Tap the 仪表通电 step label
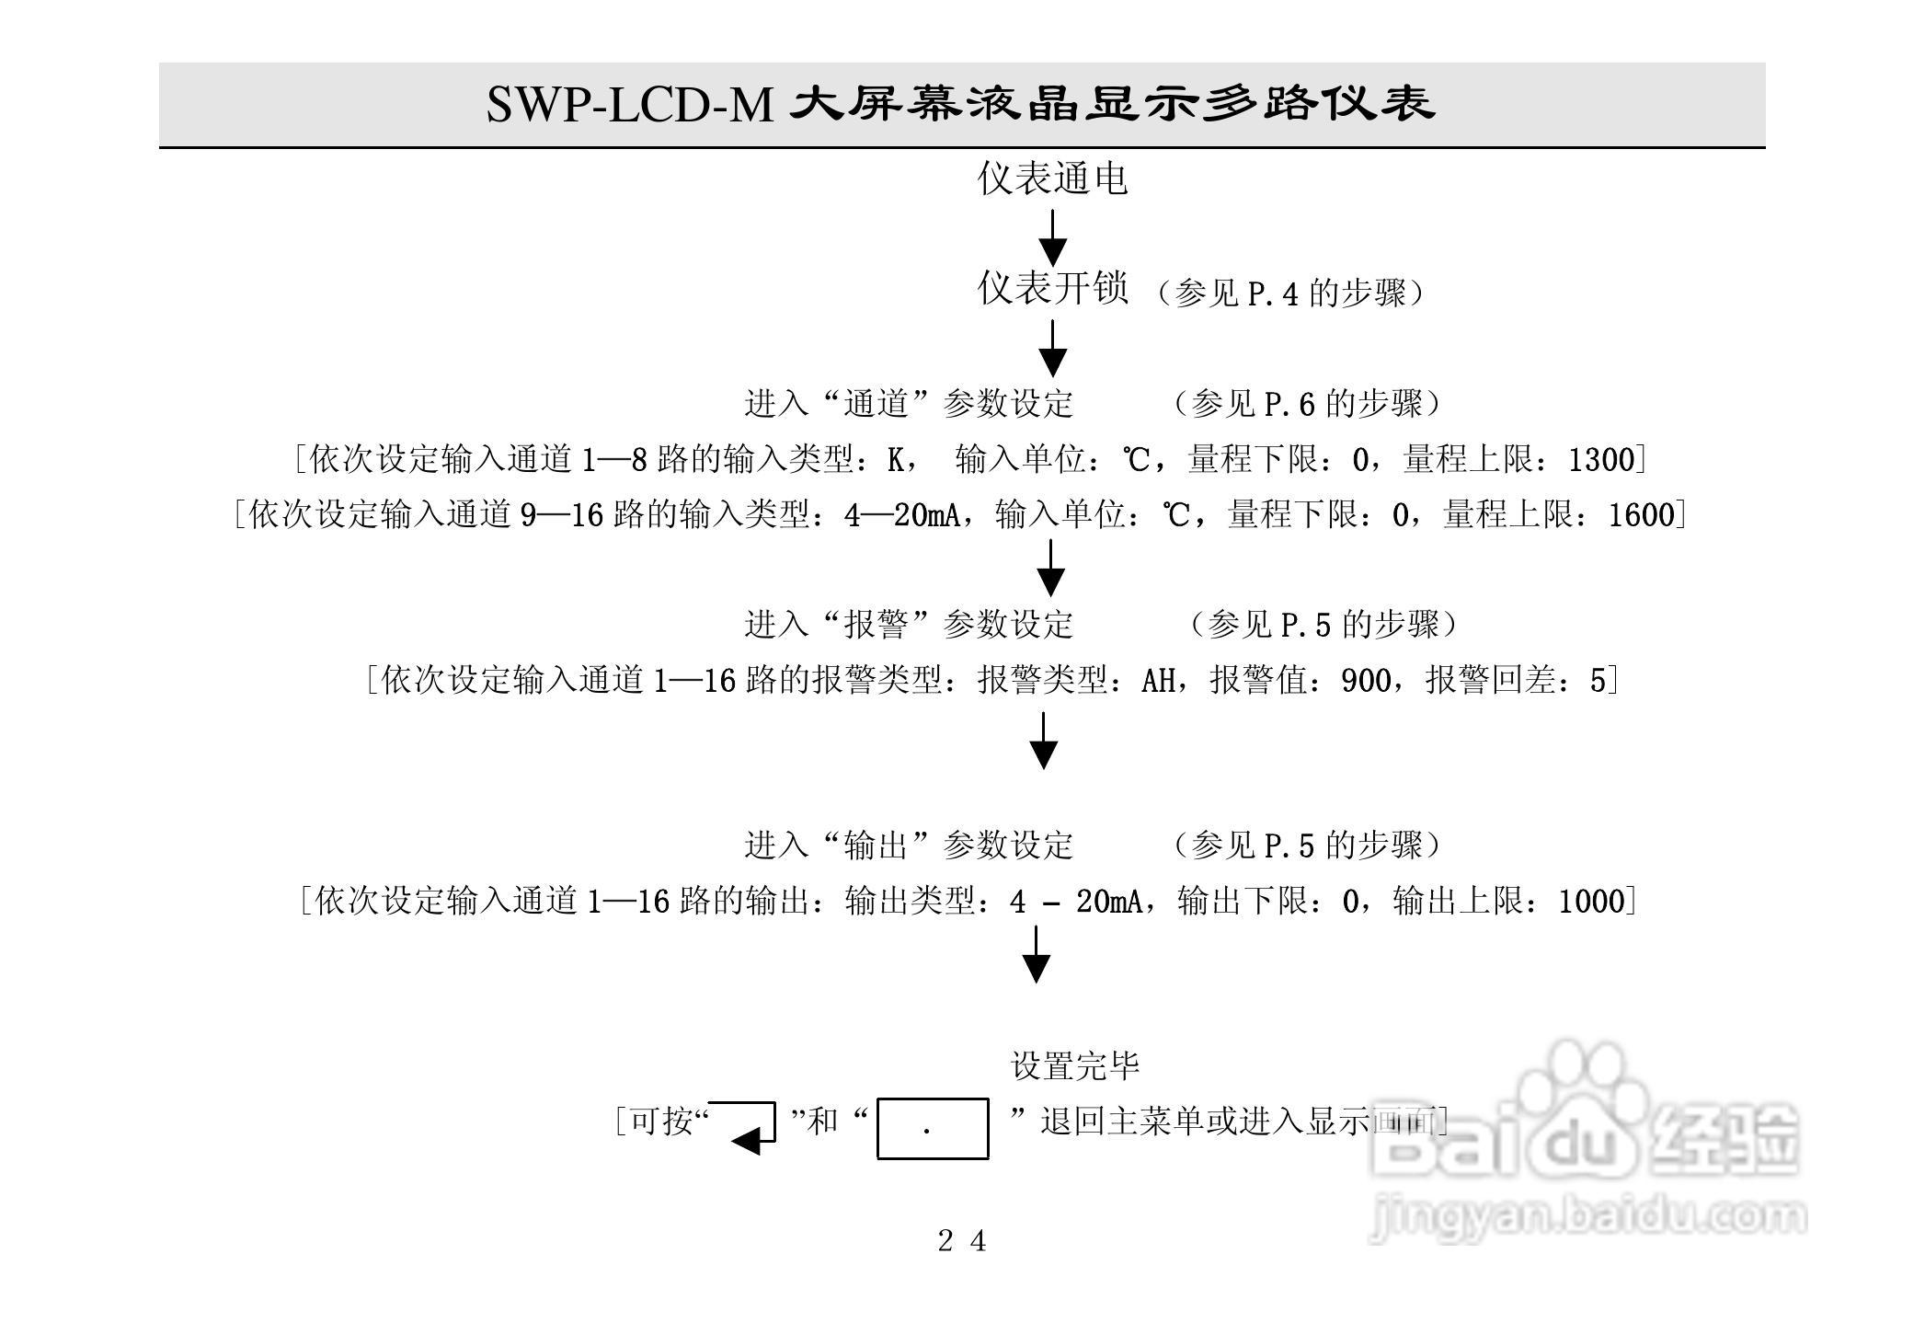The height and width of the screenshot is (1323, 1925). (x=1052, y=178)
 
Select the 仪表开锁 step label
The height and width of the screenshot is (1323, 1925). (x=1052, y=289)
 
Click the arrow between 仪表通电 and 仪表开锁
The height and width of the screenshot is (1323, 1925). (x=1052, y=237)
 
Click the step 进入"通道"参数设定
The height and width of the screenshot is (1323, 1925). (x=909, y=404)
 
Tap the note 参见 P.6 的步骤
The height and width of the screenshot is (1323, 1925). (x=1306, y=404)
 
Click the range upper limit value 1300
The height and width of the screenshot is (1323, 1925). (x=1601, y=459)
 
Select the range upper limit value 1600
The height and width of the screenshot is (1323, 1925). (x=1642, y=514)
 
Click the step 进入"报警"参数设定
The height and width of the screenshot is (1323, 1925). (x=909, y=625)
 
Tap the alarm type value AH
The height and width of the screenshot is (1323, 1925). (x=1158, y=681)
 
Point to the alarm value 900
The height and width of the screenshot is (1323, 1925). (x=1366, y=681)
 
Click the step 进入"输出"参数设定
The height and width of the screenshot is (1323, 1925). (x=909, y=845)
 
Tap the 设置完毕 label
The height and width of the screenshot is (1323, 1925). (x=1075, y=1066)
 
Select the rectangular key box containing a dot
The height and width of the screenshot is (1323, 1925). (x=932, y=1128)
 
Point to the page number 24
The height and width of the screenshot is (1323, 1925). (x=962, y=1241)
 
